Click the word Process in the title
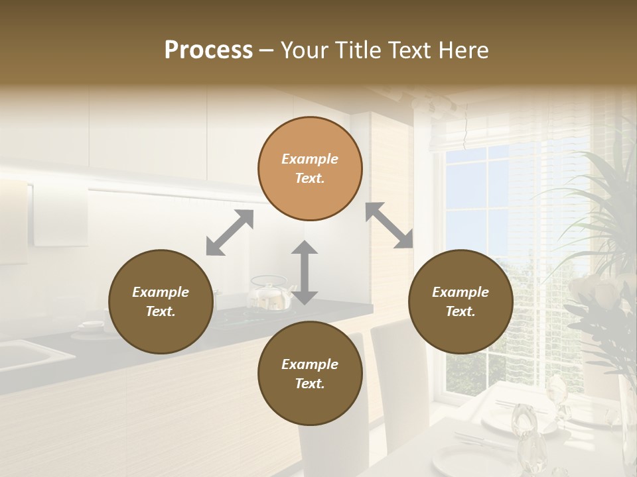coord(208,50)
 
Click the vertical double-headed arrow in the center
coord(305,272)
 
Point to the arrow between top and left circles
coord(230,233)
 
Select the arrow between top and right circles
coord(389,225)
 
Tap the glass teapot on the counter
coord(270,295)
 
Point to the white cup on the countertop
coord(92,325)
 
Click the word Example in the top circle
coord(310,159)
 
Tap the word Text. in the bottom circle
coord(310,384)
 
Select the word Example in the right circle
coord(460,292)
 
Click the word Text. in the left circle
coord(161,311)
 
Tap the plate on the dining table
coord(504,420)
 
